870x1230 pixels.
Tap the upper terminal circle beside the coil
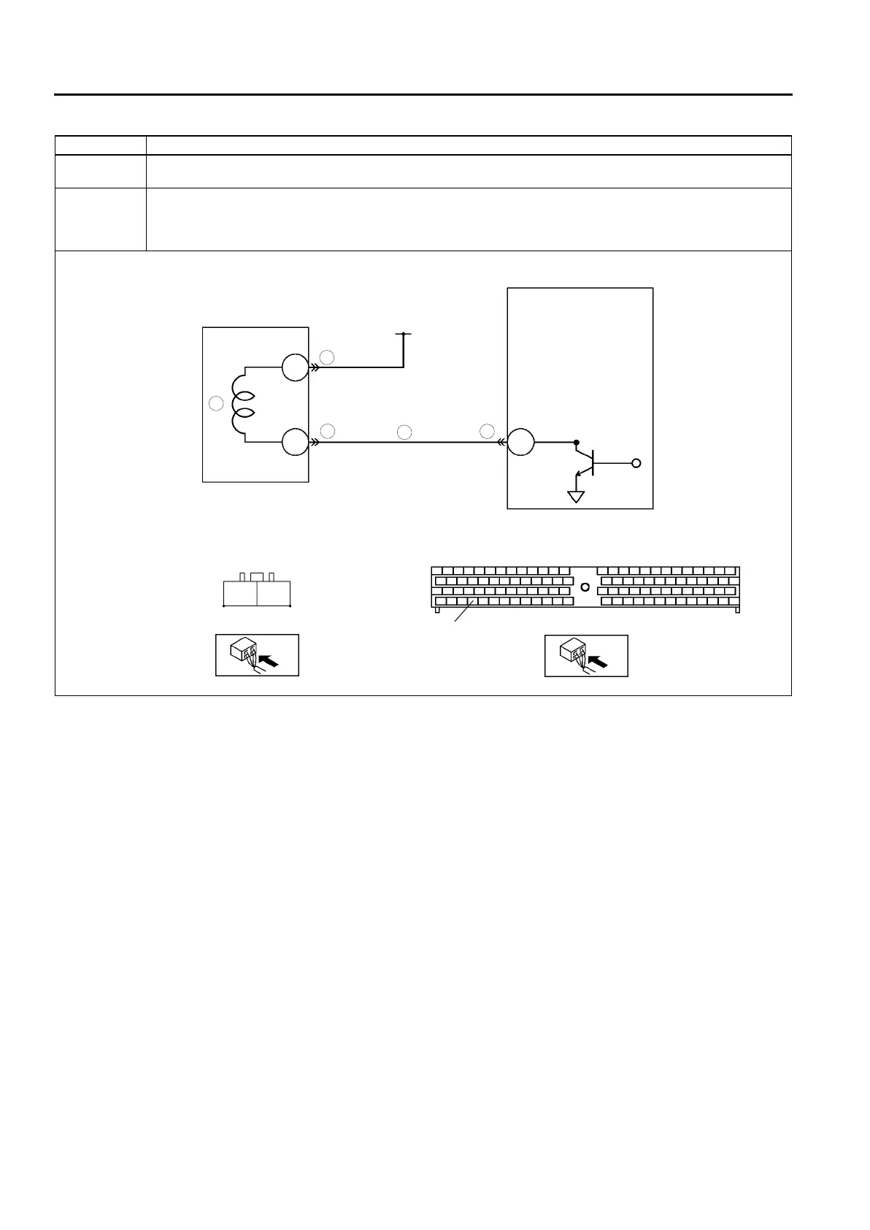pyautogui.click(x=295, y=368)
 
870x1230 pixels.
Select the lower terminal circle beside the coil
pyautogui.click(x=295, y=443)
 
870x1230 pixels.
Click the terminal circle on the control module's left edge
pyautogui.click(x=521, y=443)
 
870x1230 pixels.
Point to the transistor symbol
pyautogui.click(x=588, y=462)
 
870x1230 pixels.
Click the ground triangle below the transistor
pyautogui.click(x=577, y=497)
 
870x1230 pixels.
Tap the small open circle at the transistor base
pyautogui.click(x=636, y=463)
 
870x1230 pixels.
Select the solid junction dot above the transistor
pyautogui.click(x=577, y=443)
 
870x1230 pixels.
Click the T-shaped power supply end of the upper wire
pyautogui.click(x=403, y=335)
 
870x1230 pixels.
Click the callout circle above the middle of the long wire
pyautogui.click(x=405, y=432)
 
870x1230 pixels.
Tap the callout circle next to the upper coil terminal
pyautogui.click(x=328, y=356)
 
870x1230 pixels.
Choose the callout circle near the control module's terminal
pyautogui.click(x=488, y=431)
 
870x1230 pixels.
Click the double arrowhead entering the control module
pyautogui.click(x=502, y=443)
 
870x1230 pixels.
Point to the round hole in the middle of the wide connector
pyautogui.click(x=584, y=587)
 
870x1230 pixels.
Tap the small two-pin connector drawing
pyautogui.click(x=256, y=590)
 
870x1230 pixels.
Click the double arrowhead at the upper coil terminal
pyautogui.click(x=315, y=368)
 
